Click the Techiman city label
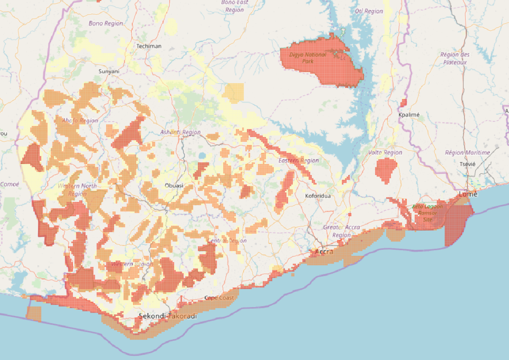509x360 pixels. (x=149, y=46)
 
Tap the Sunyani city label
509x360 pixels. (x=109, y=71)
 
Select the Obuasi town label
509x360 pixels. (x=174, y=186)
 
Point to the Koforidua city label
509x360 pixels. (x=318, y=196)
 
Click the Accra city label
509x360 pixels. (x=324, y=252)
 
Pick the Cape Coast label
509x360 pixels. (x=219, y=298)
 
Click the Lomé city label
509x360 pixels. (x=468, y=194)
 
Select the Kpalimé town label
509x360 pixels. (x=409, y=115)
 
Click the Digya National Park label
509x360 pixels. (x=308, y=58)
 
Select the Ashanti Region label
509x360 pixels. (x=180, y=132)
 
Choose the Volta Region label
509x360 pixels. (x=385, y=152)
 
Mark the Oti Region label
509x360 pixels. (x=369, y=11)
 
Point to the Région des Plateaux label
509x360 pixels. (x=455, y=59)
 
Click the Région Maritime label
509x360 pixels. (x=467, y=152)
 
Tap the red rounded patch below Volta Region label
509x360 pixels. (x=386, y=170)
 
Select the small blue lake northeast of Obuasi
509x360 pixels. (x=202, y=156)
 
